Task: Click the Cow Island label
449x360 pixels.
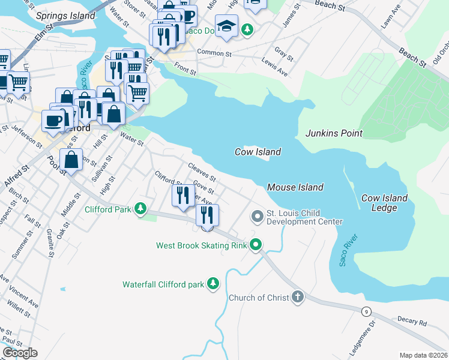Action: click(258, 152)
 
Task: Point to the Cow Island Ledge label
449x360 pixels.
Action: click(384, 203)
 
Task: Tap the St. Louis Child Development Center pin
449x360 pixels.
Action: click(258, 215)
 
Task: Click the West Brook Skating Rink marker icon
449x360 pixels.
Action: click(256, 245)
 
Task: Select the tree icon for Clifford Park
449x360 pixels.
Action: click(140, 209)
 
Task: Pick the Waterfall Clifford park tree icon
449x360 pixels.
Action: click(212, 284)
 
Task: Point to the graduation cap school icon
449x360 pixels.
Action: click(226, 26)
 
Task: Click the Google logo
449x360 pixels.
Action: click(20, 353)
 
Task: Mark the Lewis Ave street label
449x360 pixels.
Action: click(274, 67)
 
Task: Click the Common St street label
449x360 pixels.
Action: click(214, 53)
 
